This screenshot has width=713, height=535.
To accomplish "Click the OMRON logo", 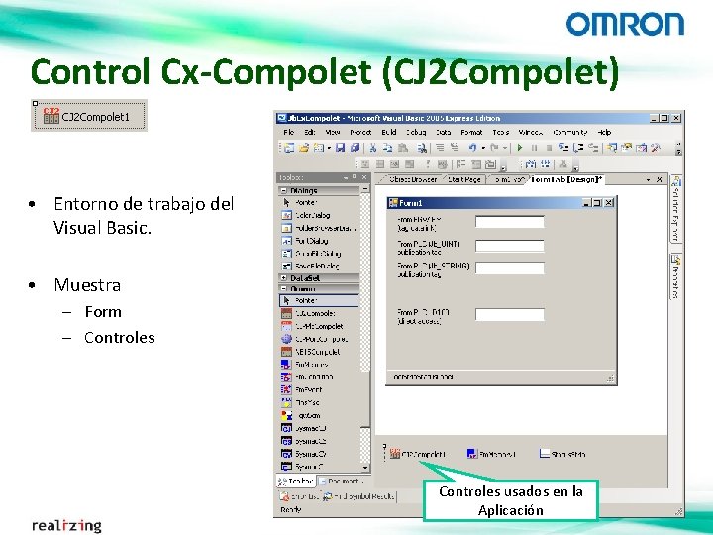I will (625, 24).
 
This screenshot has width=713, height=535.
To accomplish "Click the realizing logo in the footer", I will (66, 525).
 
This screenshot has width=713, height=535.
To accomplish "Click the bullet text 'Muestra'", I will (87, 285).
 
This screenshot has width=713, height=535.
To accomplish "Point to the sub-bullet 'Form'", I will (103, 311).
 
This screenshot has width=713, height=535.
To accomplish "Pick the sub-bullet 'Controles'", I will (120, 337).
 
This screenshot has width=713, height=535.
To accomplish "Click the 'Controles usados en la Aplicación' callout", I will (511, 500).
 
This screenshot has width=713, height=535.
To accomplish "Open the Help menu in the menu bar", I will (604, 132).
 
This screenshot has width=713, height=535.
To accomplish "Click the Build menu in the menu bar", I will (389, 132).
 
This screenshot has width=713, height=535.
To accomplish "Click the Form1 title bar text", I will (411, 203).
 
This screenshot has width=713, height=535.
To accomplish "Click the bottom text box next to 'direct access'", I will (510, 315).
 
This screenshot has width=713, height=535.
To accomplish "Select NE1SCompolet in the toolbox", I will (318, 351).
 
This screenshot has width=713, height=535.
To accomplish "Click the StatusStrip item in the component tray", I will (561, 454).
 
